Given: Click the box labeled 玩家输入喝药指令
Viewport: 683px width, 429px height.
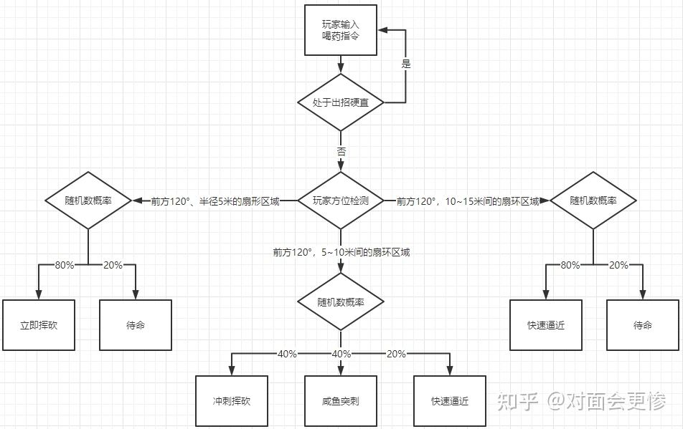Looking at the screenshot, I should tap(341, 30).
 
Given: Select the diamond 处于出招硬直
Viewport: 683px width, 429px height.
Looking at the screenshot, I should tap(341, 102).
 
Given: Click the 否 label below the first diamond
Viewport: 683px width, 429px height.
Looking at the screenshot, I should tap(341, 152).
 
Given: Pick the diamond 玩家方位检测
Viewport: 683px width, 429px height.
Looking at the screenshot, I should tap(341, 201).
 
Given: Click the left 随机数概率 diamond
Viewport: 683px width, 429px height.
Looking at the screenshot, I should tap(88, 201).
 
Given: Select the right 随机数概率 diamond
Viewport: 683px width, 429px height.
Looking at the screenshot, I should tap(593, 201).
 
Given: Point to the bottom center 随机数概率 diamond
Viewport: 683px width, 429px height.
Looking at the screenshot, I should tap(341, 302).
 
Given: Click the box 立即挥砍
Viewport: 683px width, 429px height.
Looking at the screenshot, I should tap(39, 325).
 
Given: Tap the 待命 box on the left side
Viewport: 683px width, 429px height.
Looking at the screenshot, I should tap(136, 325).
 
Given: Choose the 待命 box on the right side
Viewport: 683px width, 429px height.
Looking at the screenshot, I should tap(643, 325).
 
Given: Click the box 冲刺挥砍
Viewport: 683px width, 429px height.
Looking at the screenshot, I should tap(232, 402).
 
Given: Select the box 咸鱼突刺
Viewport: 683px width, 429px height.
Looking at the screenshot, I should tap(341, 402).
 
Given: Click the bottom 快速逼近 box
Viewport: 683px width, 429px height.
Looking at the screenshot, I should tap(450, 402).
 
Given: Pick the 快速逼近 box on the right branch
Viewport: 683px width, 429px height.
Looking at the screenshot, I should tap(546, 325).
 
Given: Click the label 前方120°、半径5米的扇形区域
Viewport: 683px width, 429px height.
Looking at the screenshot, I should tap(215, 202).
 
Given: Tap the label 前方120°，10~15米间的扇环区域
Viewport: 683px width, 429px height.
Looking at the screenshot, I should tap(467, 202).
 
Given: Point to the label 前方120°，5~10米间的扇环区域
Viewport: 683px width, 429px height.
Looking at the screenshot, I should tap(341, 252).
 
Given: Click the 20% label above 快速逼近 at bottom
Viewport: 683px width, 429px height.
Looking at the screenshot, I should tap(396, 354).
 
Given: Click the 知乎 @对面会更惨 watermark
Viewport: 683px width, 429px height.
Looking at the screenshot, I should tap(582, 401).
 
